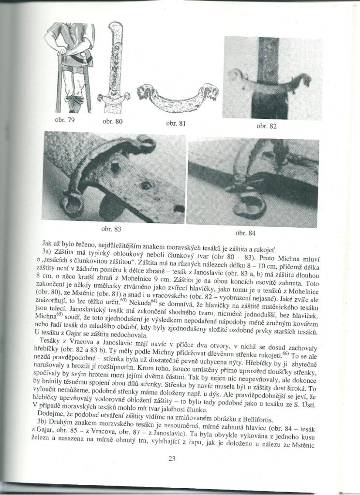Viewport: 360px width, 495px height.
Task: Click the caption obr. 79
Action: pyautogui.click(x=64, y=119)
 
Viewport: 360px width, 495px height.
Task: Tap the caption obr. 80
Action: pyautogui.click(x=112, y=121)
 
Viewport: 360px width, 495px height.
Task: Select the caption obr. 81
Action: pyautogui.click(x=176, y=123)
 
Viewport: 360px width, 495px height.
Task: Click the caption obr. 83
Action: pyautogui.click(x=112, y=228)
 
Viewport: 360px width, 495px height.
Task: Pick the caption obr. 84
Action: pyautogui.click(x=245, y=233)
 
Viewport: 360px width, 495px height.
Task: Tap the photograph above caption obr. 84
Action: pyautogui.click(x=253, y=183)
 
